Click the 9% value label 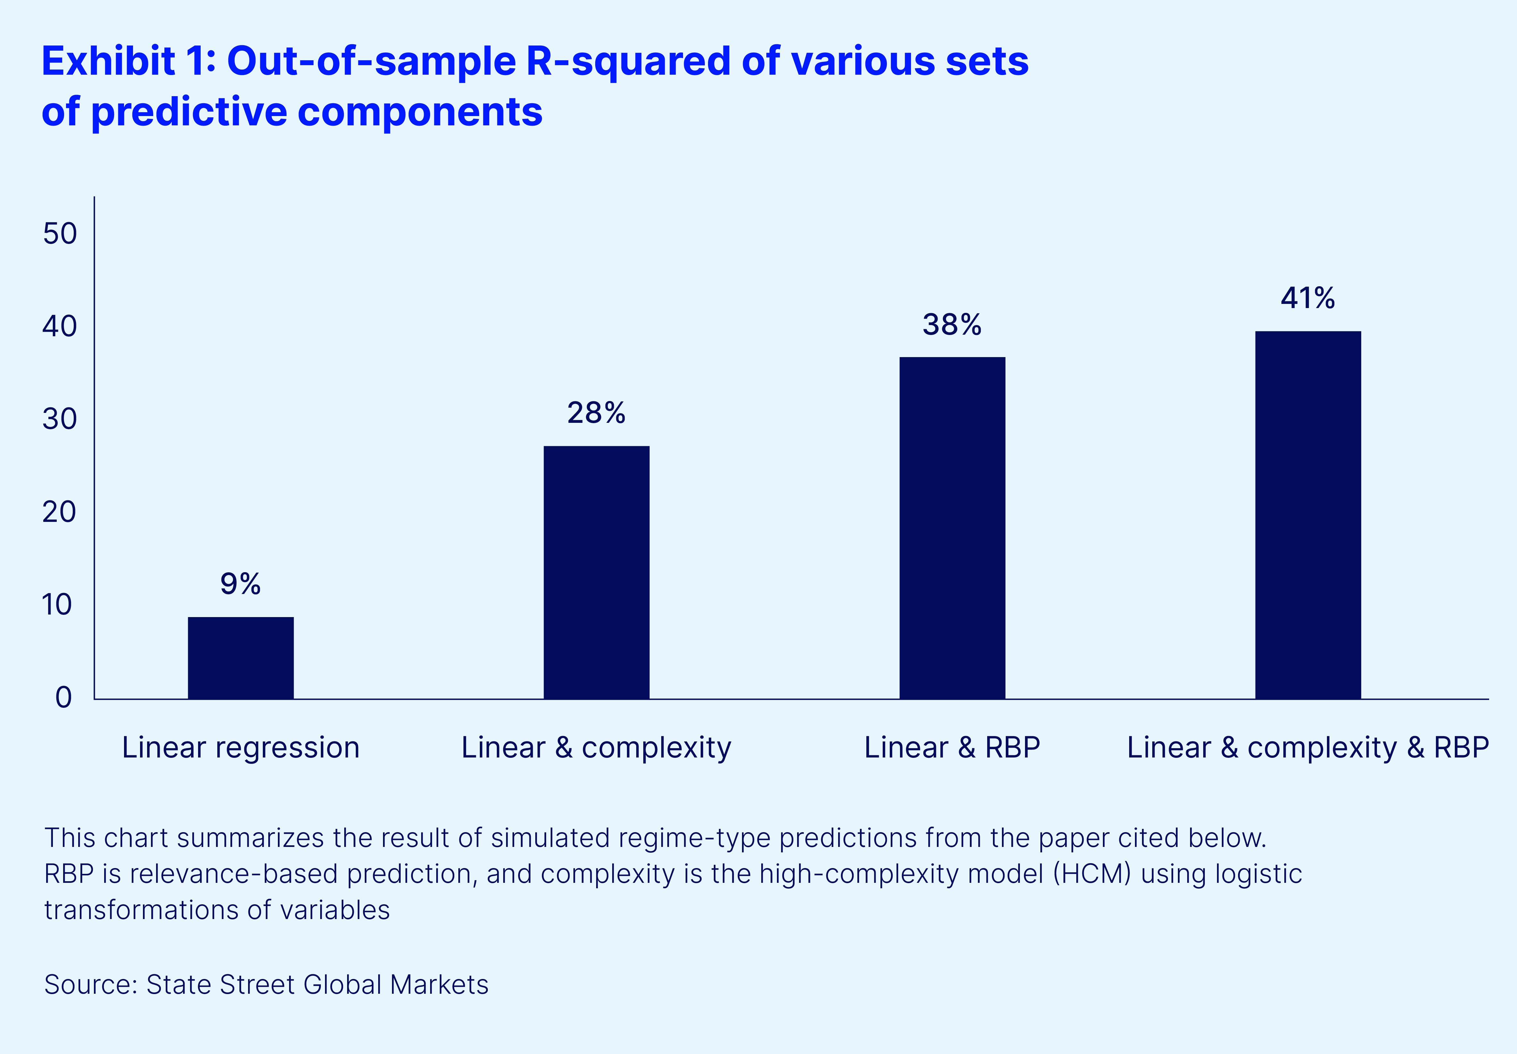pyautogui.click(x=240, y=584)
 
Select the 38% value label pyautogui.click(x=952, y=324)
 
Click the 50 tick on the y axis pyautogui.click(x=60, y=234)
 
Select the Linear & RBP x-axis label pyautogui.click(x=952, y=748)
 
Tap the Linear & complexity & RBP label pyautogui.click(x=1308, y=748)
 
